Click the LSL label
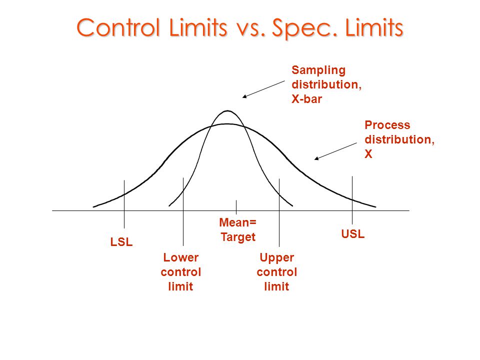[121, 242]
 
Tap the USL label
[353, 233]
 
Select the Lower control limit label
[181, 272]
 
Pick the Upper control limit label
[277, 272]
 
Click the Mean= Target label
[238, 229]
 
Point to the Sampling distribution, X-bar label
[326, 84]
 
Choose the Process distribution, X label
[399, 139]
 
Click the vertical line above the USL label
[352, 200]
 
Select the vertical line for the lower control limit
[183, 210]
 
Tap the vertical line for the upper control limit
[279, 210]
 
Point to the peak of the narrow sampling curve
[227, 111]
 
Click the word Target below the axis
[238, 237]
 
